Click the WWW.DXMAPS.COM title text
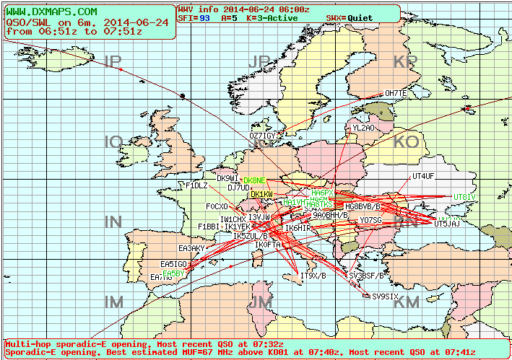point(51,12)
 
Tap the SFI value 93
point(205,17)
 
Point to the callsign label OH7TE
point(395,94)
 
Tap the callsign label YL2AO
point(363,128)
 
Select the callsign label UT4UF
point(422,176)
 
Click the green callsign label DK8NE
point(254,180)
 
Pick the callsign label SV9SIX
point(385,297)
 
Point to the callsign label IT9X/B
point(313,276)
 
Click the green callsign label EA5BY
point(173,274)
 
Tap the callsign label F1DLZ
point(196,185)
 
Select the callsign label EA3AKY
point(191,248)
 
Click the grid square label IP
point(113,63)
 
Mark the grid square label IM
point(113,302)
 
